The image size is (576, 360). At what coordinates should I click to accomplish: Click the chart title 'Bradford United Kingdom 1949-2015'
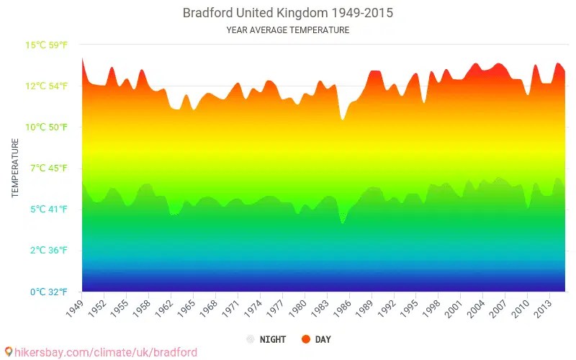click(x=287, y=13)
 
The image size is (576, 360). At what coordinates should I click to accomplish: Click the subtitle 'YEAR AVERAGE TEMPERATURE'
click(x=287, y=30)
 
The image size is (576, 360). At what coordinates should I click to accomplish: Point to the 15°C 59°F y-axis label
click(x=47, y=45)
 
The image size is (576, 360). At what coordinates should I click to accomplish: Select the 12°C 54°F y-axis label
click(x=47, y=86)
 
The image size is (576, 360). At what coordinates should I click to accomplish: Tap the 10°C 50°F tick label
click(x=47, y=127)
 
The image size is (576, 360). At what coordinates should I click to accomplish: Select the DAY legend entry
click(x=323, y=339)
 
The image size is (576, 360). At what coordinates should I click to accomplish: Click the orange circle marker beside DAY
click(x=306, y=339)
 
